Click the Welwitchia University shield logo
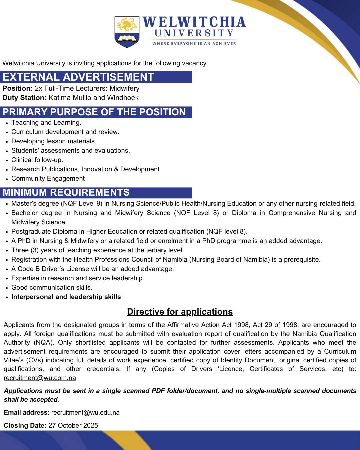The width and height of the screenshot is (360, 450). click(x=127, y=32)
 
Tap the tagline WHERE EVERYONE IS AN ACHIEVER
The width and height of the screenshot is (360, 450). click(x=194, y=43)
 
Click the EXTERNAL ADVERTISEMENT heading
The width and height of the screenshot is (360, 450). click(x=78, y=77)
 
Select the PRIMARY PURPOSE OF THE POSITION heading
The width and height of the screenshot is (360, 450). click(x=94, y=112)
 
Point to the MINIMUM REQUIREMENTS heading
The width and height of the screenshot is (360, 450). click(x=66, y=193)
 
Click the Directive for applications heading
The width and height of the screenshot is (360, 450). click(x=180, y=312)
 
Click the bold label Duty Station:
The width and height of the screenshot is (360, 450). click(x=24, y=98)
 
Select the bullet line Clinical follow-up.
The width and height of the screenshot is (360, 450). click(x=37, y=160)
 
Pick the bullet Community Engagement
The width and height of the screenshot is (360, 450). click(x=48, y=178)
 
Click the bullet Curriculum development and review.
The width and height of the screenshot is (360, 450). click(x=65, y=132)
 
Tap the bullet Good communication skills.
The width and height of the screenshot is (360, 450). click(x=52, y=287)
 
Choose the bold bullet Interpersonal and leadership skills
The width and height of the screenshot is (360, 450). click(x=66, y=297)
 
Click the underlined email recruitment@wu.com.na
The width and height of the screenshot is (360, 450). click(x=40, y=378)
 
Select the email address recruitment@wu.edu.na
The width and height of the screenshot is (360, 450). click(x=85, y=412)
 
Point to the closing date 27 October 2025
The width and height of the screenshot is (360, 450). click(x=73, y=425)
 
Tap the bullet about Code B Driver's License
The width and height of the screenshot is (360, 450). click(x=93, y=269)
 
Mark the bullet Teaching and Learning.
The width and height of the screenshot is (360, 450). click(x=46, y=122)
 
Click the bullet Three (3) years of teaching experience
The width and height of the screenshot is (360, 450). click(x=98, y=250)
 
